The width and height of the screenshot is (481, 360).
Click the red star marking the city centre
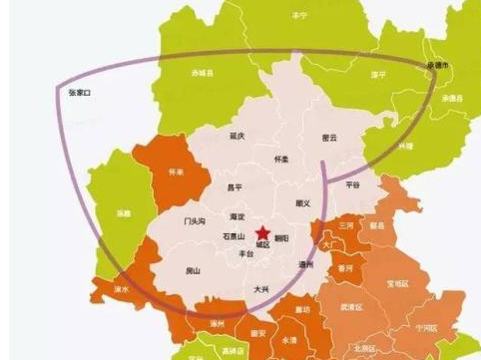262,232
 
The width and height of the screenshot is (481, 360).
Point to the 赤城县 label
204,73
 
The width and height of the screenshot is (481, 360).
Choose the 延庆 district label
238,135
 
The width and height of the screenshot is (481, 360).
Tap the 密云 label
329,137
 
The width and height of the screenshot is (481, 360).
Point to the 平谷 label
352,184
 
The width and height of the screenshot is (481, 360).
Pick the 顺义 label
304,203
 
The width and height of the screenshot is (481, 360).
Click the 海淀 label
237,215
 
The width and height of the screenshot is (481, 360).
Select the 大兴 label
261,288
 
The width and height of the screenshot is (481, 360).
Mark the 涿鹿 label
123,213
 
